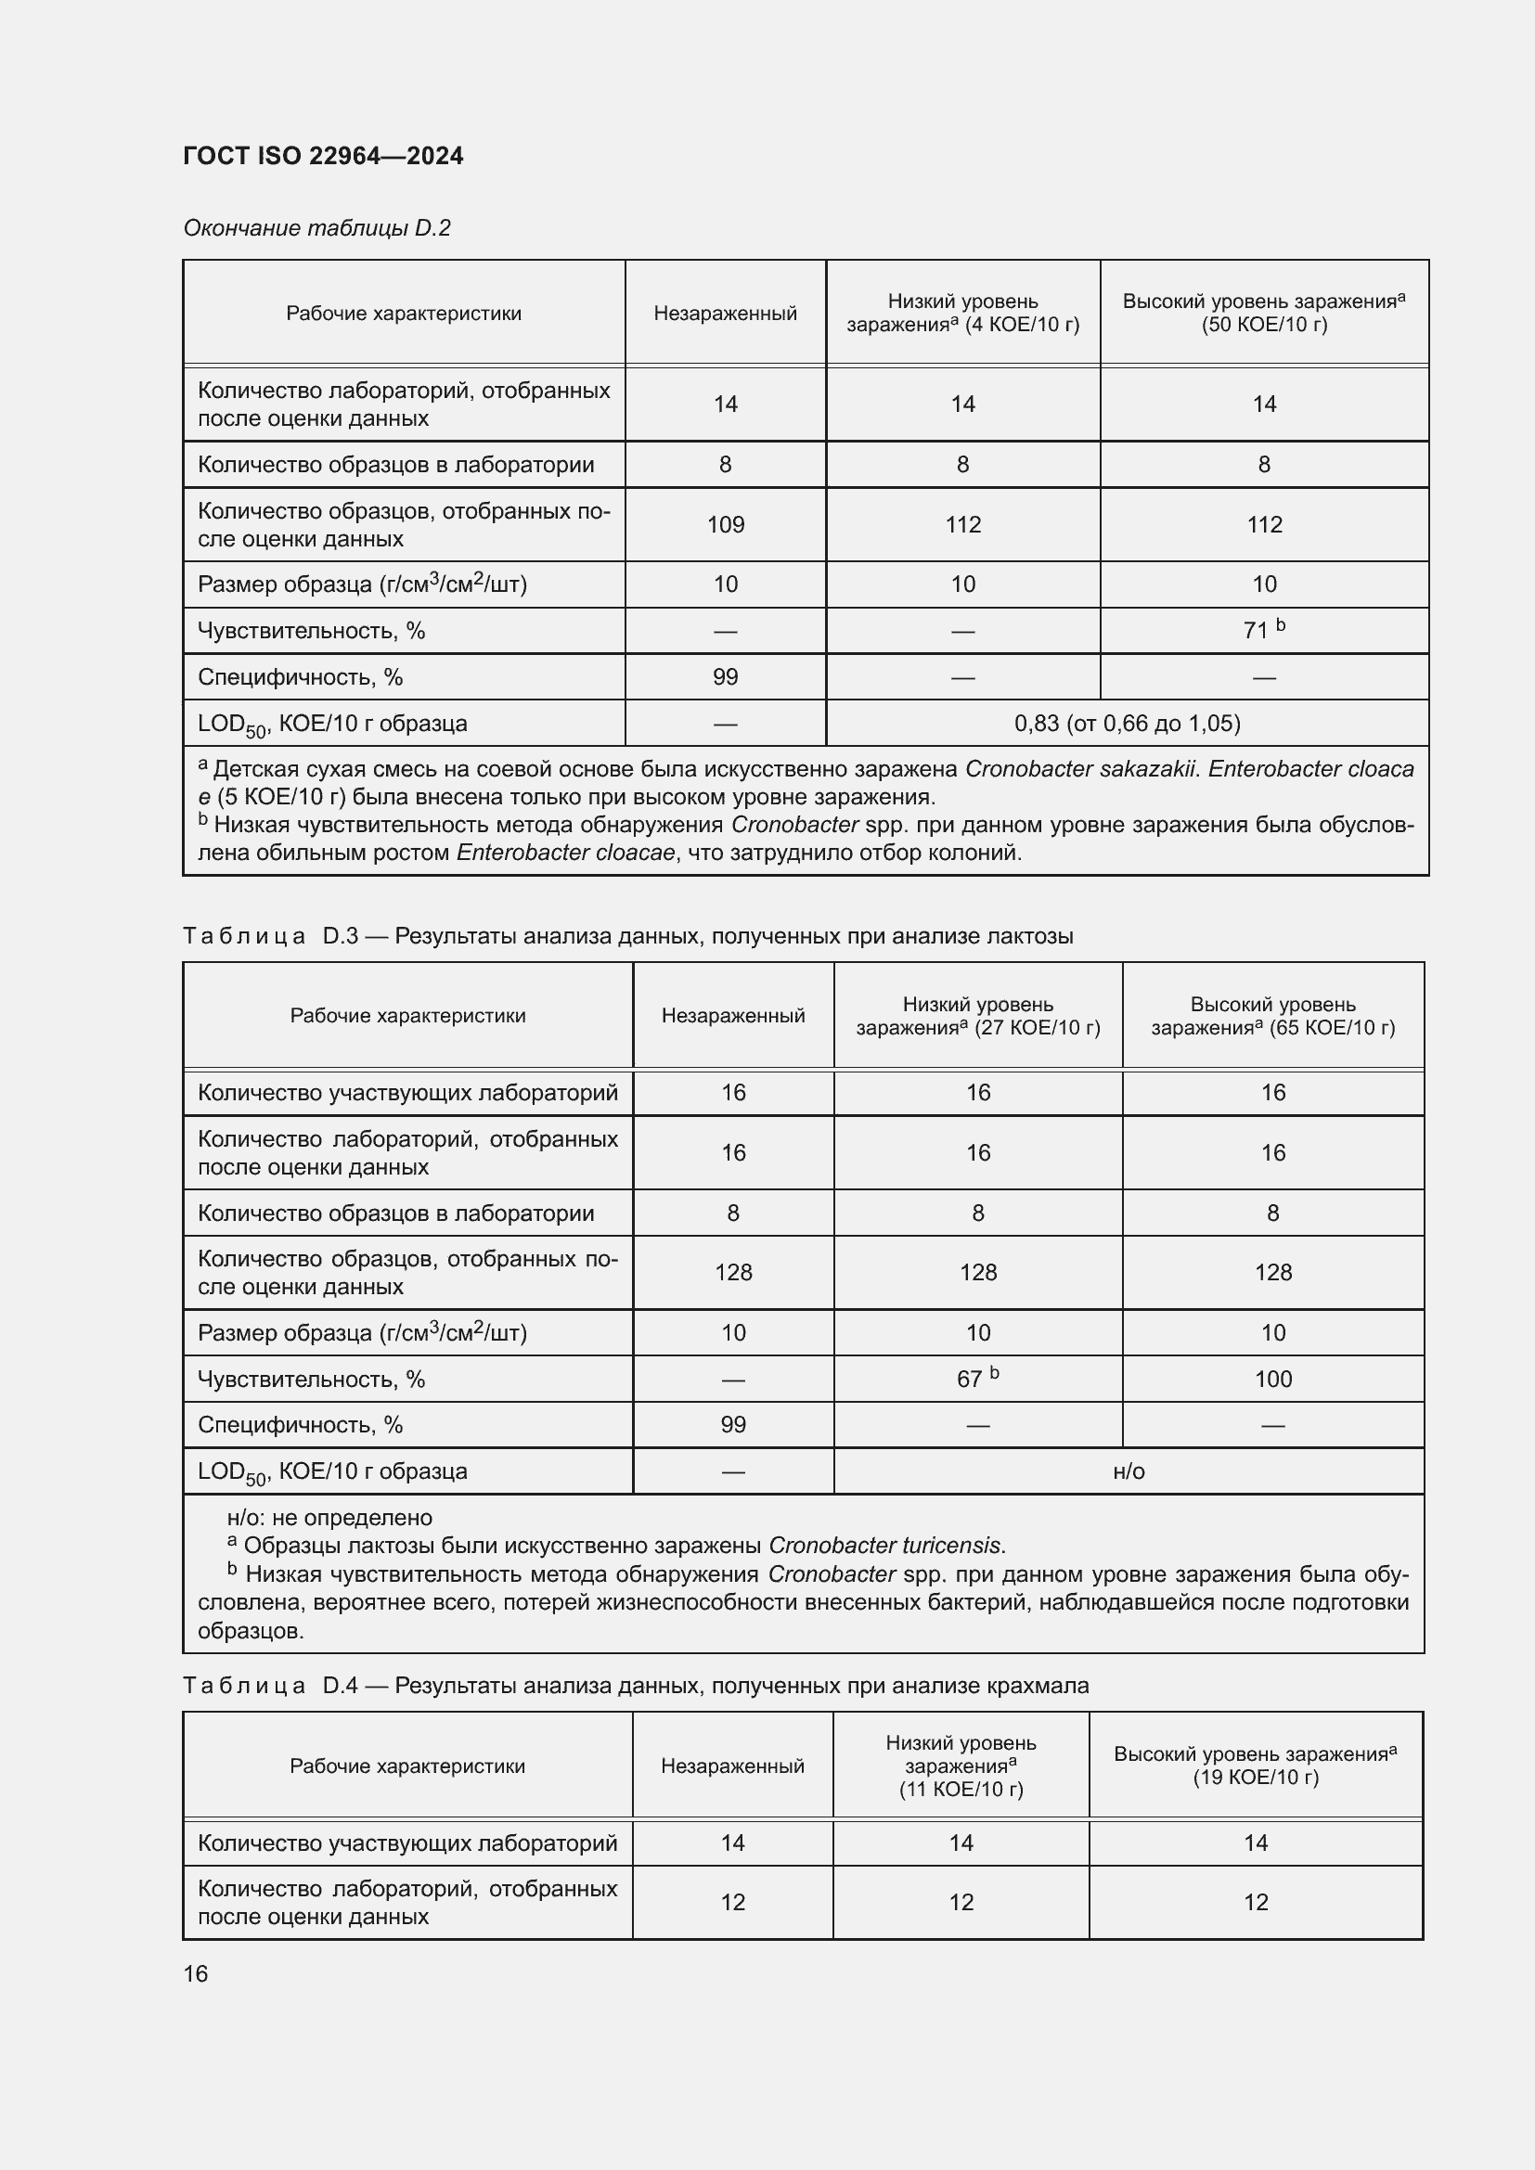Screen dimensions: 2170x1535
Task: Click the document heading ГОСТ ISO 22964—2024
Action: click(323, 156)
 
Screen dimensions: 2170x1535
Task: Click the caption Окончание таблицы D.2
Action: click(316, 228)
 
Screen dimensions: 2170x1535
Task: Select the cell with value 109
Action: click(725, 524)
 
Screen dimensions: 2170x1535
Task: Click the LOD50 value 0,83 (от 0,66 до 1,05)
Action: click(1127, 723)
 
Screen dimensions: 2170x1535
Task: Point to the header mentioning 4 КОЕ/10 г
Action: click(962, 313)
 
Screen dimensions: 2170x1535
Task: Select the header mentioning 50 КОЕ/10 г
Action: click(1264, 313)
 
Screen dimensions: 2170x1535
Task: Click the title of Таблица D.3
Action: click(627, 936)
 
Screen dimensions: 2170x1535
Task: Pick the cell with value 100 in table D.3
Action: click(1272, 1378)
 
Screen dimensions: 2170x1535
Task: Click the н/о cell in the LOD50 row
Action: click(1129, 1470)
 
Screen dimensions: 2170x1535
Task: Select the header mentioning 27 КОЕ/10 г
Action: click(977, 1016)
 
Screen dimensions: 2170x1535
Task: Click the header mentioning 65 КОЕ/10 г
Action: click(1272, 1016)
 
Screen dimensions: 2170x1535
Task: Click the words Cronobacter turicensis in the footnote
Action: click(884, 1546)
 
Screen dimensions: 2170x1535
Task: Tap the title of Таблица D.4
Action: click(635, 1685)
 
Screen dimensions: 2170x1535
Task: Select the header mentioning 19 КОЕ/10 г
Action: click(1255, 1766)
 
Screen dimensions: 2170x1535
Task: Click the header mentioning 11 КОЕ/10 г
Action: click(961, 1766)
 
